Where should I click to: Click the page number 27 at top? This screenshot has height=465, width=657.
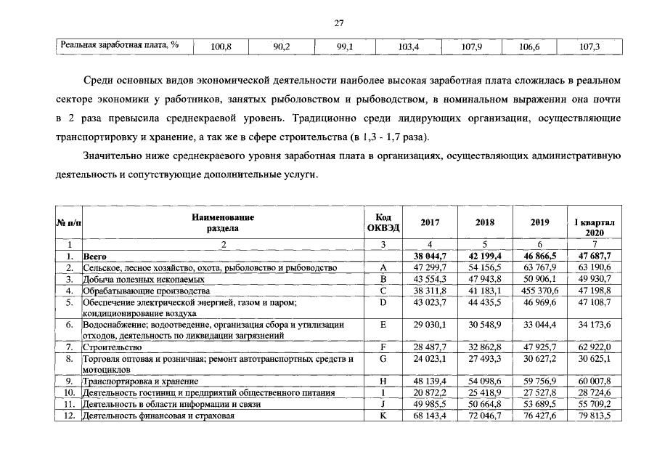click(x=338, y=23)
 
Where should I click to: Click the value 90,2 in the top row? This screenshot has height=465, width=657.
click(x=282, y=46)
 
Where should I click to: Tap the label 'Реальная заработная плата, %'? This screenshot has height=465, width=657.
click(x=120, y=46)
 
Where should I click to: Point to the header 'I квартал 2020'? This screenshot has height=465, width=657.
click(x=595, y=227)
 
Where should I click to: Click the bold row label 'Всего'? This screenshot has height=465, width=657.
click(x=95, y=256)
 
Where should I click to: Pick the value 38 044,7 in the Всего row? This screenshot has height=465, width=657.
click(x=429, y=256)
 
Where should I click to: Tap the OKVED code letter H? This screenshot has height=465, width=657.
click(x=383, y=381)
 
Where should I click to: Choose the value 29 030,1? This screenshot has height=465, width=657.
click(x=429, y=325)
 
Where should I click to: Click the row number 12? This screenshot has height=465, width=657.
click(x=70, y=416)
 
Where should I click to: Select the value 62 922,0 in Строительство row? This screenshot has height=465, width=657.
click(x=595, y=347)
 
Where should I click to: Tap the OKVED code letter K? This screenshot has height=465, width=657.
click(x=383, y=416)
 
